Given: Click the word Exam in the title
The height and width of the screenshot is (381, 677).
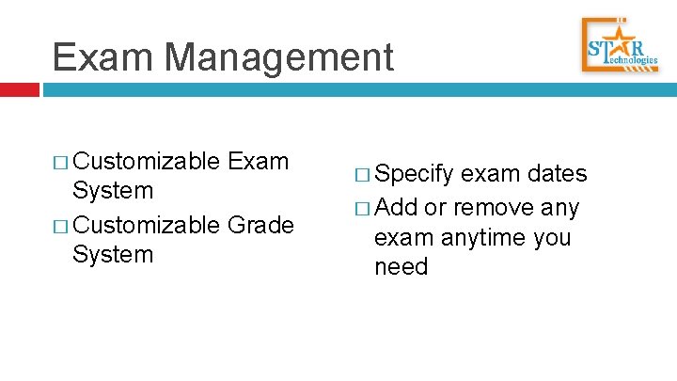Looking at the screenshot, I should click(103, 57).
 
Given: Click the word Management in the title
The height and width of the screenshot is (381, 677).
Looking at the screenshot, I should click(278, 57).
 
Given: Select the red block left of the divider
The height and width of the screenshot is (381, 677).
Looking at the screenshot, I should click(20, 90).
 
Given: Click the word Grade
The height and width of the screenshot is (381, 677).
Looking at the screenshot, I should click(260, 226).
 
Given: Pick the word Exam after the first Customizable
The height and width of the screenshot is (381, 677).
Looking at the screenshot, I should click(259, 161).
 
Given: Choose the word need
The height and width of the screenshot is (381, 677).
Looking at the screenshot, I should click(401, 267).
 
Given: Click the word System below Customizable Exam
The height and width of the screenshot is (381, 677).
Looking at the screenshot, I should click(112, 191).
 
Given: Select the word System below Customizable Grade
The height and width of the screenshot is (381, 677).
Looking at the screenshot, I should click(112, 255).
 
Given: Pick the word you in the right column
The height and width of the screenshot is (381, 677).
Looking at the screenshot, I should click(551, 237).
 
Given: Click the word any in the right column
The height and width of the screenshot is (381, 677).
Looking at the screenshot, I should click(560, 207).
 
